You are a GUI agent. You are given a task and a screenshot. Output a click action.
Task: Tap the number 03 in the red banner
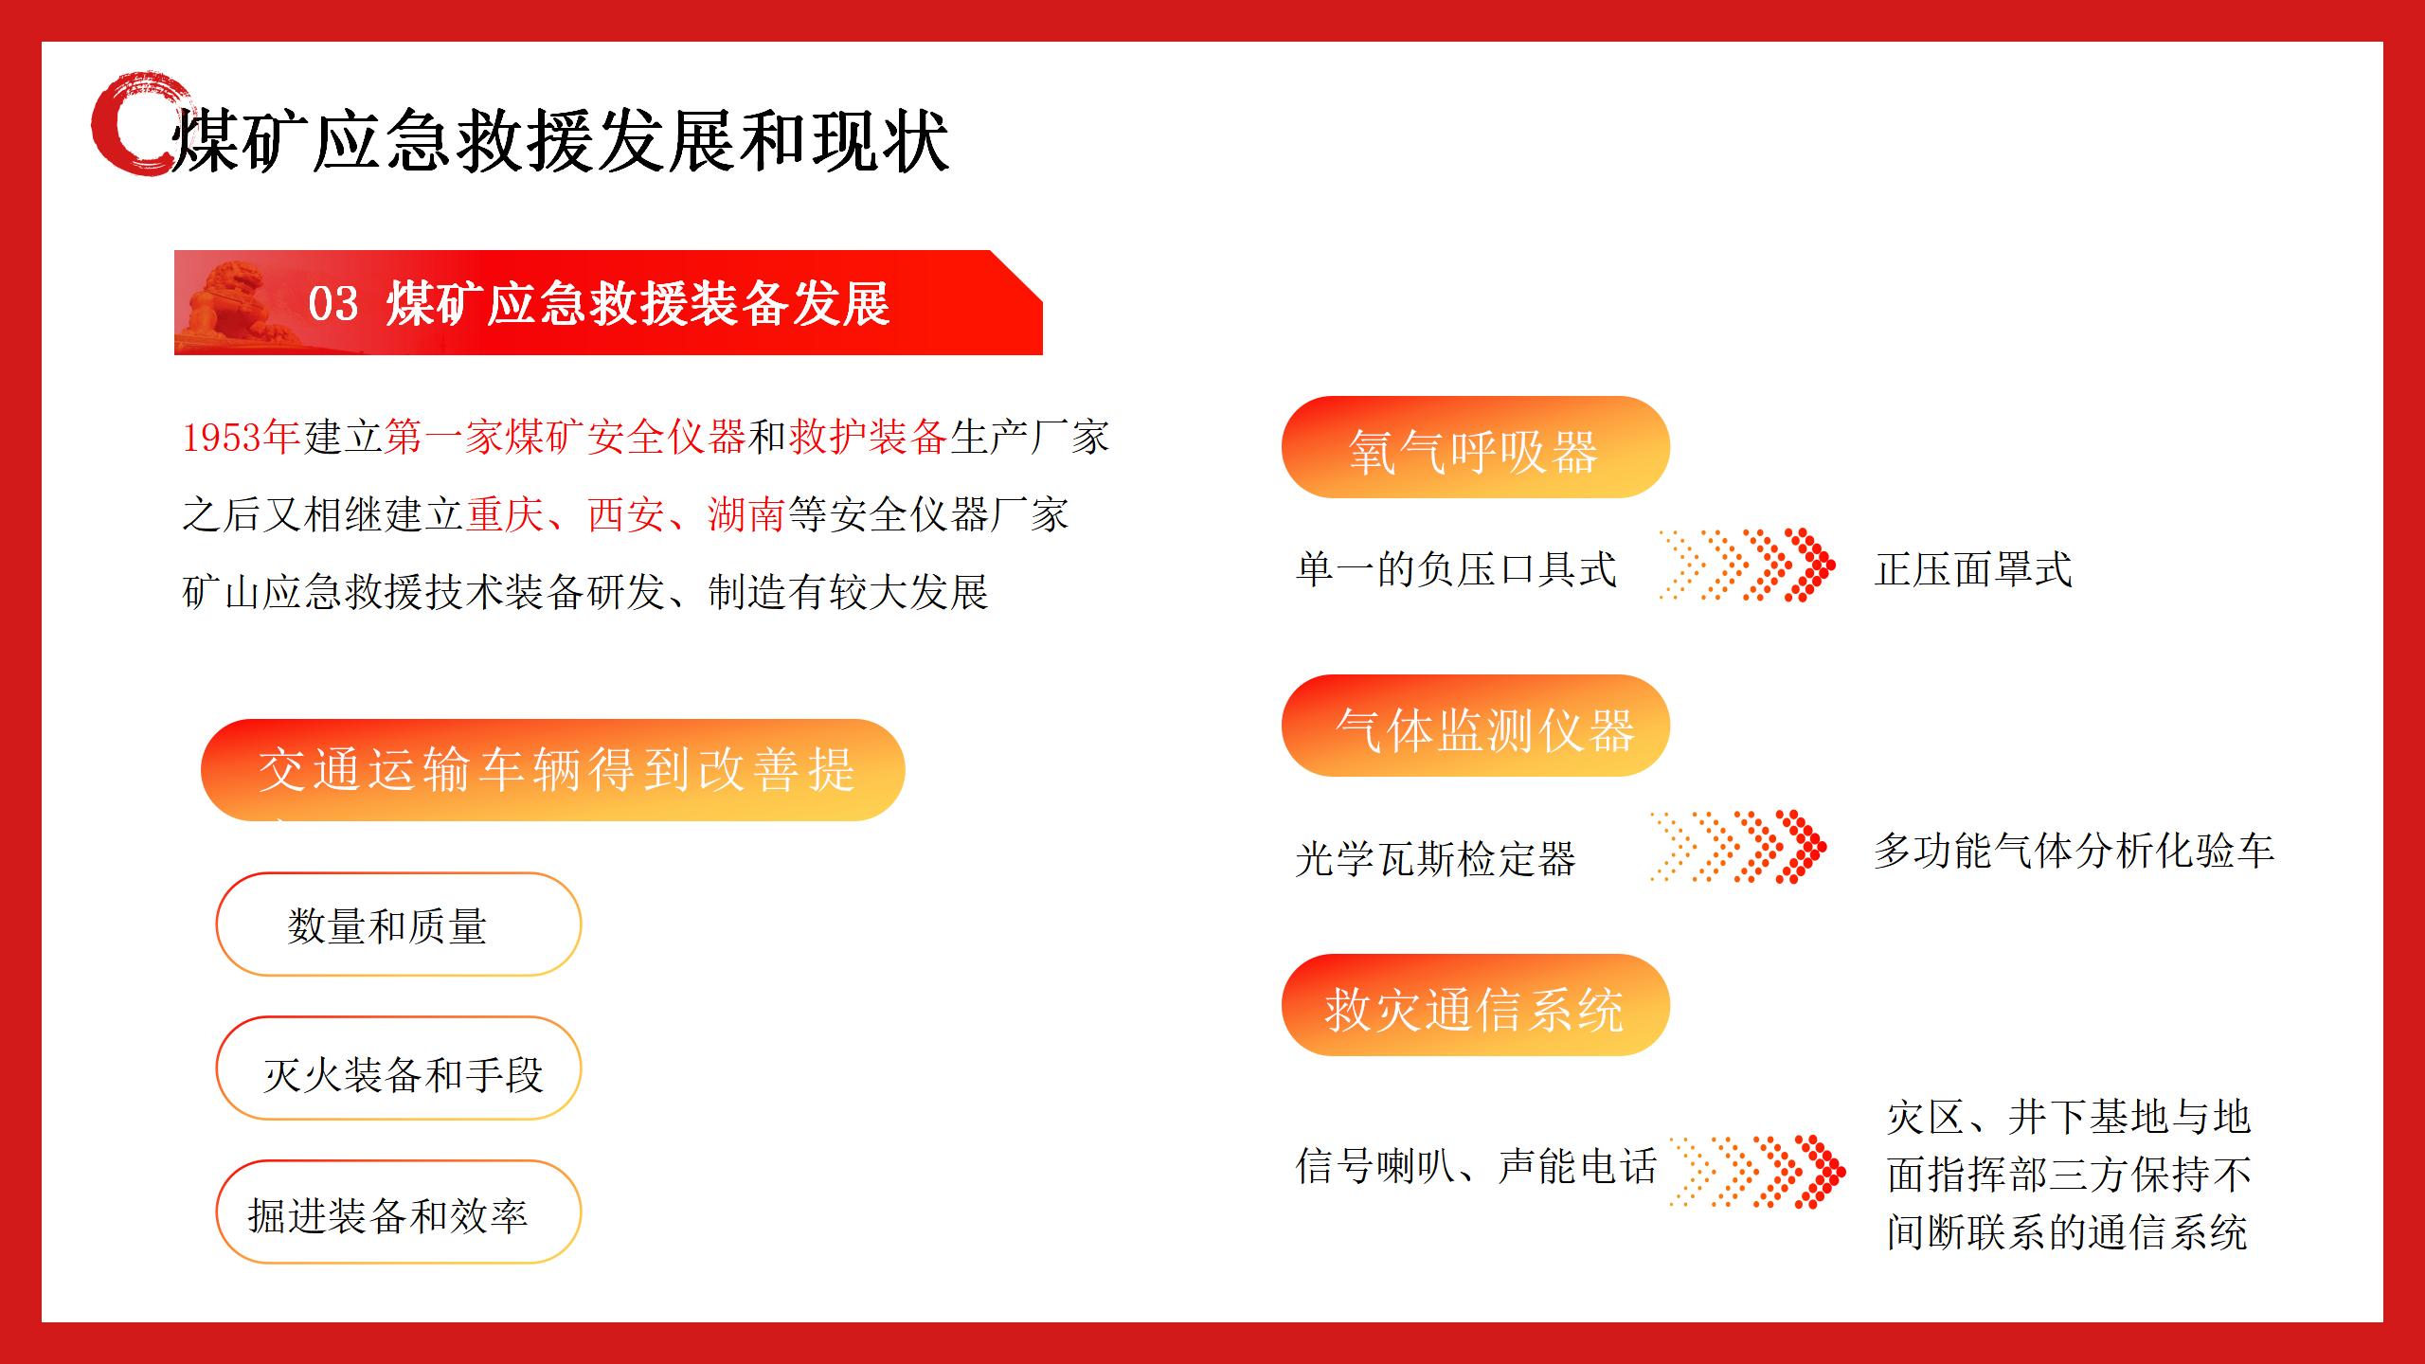click(x=333, y=304)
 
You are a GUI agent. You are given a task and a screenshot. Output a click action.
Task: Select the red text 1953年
click(x=242, y=437)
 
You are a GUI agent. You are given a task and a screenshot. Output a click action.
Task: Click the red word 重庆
click(x=505, y=514)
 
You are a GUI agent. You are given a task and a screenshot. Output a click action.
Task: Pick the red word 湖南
click(x=746, y=514)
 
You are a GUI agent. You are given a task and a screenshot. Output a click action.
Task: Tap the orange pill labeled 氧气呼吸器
click(x=1475, y=447)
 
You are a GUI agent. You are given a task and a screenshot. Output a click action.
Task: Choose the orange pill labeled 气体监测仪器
click(x=1475, y=726)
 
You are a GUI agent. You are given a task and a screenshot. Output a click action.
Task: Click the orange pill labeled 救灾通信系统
click(x=1475, y=1005)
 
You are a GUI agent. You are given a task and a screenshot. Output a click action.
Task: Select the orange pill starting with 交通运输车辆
click(x=552, y=770)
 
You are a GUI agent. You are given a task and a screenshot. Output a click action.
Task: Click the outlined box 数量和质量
click(x=398, y=924)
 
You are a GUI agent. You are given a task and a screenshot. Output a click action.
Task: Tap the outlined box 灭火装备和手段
click(x=398, y=1068)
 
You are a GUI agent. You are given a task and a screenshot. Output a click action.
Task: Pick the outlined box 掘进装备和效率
click(x=398, y=1212)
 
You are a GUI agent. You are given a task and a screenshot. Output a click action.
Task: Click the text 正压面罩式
click(x=1973, y=569)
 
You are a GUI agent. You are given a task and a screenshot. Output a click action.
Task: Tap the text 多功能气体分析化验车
click(x=2074, y=850)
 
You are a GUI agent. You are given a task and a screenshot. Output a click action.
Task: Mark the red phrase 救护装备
click(x=868, y=437)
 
